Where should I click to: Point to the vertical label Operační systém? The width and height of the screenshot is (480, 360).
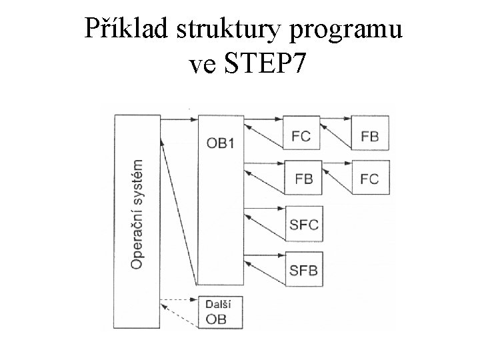[x=137, y=213]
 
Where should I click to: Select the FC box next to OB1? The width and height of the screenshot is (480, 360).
[x=301, y=135]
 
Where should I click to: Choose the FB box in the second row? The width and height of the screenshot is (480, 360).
[x=303, y=179]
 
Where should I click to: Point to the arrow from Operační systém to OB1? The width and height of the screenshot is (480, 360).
[x=179, y=120]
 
